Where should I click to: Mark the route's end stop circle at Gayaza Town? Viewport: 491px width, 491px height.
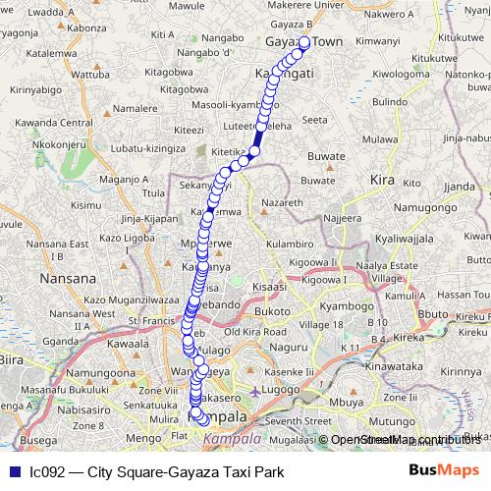(304, 42)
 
